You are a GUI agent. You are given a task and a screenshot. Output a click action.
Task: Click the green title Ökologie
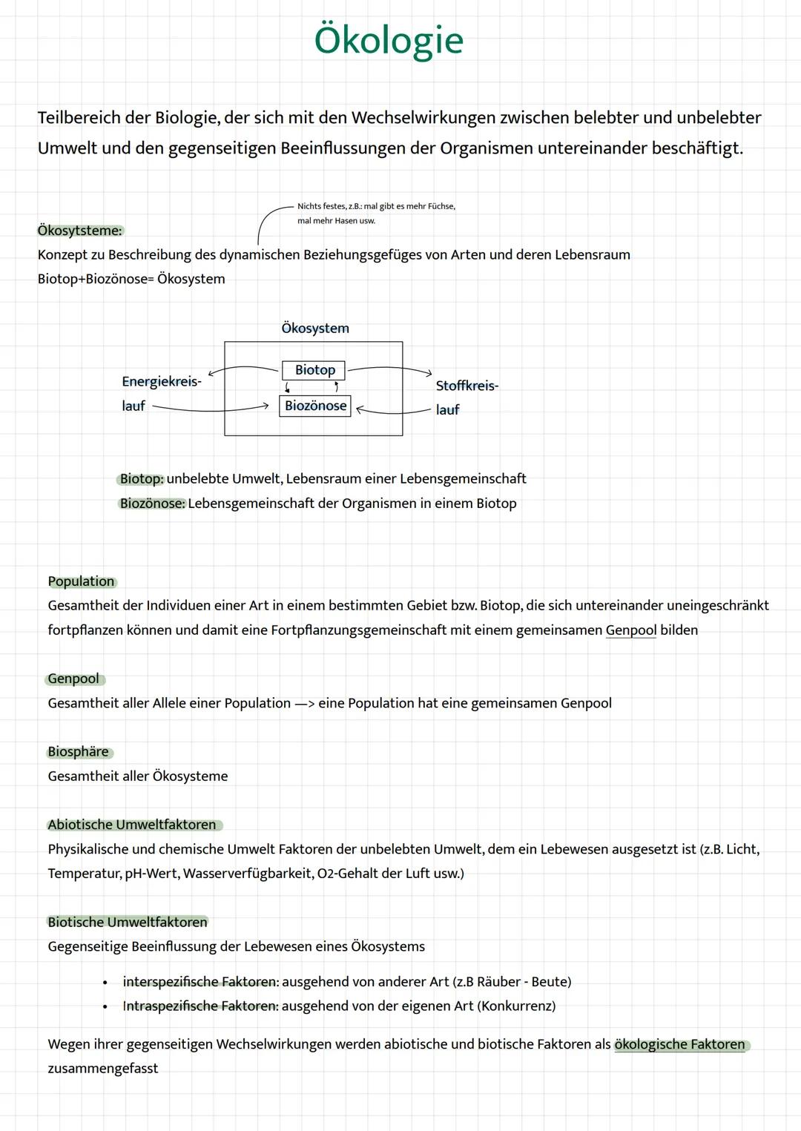(389, 40)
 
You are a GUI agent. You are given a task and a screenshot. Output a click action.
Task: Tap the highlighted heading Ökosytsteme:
(80, 231)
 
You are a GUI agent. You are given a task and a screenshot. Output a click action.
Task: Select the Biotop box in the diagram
(314, 370)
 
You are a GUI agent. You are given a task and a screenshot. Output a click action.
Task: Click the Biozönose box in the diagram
(315, 406)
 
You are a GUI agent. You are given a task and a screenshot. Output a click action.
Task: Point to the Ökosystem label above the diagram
(315, 328)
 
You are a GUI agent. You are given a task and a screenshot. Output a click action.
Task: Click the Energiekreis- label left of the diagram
(161, 381)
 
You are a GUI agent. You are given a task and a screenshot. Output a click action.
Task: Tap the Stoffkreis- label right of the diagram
(467, 386)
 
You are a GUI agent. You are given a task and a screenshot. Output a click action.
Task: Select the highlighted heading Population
(81, 581)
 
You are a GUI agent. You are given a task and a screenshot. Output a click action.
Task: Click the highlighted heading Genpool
(73, 679)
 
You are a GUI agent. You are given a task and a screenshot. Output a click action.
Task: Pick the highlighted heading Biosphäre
(78, 752)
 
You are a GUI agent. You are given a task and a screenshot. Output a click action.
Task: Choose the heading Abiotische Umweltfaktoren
(132, 825)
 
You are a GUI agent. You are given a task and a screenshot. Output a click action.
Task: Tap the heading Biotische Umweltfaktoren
(128, 922)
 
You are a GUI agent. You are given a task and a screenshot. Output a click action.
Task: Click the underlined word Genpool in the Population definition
(631, 630)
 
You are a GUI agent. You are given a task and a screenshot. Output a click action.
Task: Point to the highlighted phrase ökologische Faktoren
(679, 1044)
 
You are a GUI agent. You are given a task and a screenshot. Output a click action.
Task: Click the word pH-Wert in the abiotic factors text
(151, 874)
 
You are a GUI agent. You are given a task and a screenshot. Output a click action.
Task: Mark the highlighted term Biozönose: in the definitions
(152, 504)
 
